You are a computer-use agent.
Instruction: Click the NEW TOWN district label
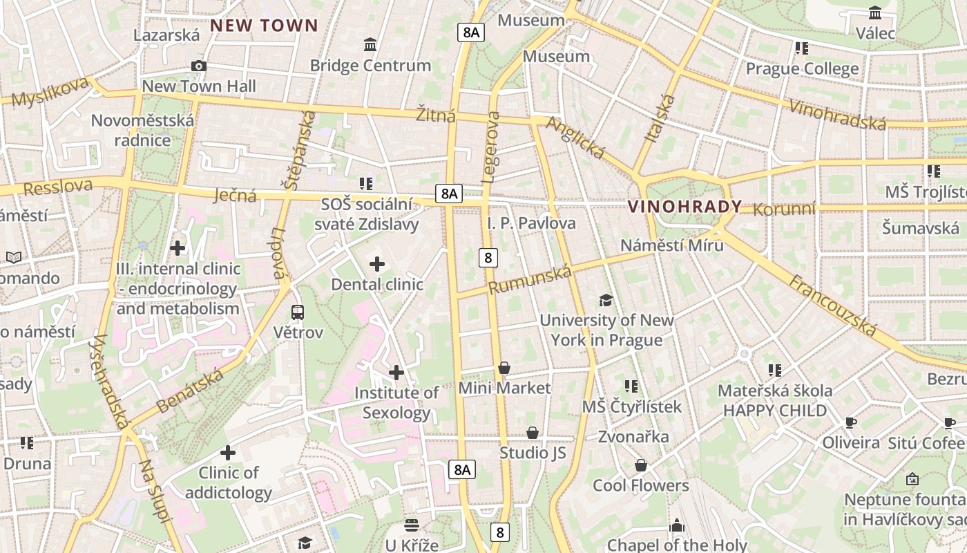pos(264,26)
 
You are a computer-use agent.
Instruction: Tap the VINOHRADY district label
pos(684,207)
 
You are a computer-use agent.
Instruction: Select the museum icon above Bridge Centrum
pos(370,45)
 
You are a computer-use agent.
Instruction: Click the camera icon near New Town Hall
pos(199,66)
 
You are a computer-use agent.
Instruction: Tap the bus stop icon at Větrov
pos(298,312)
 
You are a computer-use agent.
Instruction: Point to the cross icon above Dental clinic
pos(377,264)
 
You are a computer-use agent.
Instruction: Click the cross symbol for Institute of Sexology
pos(396,373)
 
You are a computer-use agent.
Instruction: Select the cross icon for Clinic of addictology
pos(228,453)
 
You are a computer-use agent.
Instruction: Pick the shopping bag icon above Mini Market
pos(504,368)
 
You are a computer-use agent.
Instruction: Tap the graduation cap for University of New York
pos(606,300)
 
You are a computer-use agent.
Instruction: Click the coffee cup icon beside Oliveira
pos(851,422)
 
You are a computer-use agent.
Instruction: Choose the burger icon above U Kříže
pos(412,525)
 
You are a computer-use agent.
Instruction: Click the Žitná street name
pos(436,115)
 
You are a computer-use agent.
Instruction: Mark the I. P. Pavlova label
pos(531,223)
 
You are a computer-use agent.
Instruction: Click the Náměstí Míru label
pos(671,245)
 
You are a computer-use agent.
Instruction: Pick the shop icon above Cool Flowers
pos(641,465)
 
